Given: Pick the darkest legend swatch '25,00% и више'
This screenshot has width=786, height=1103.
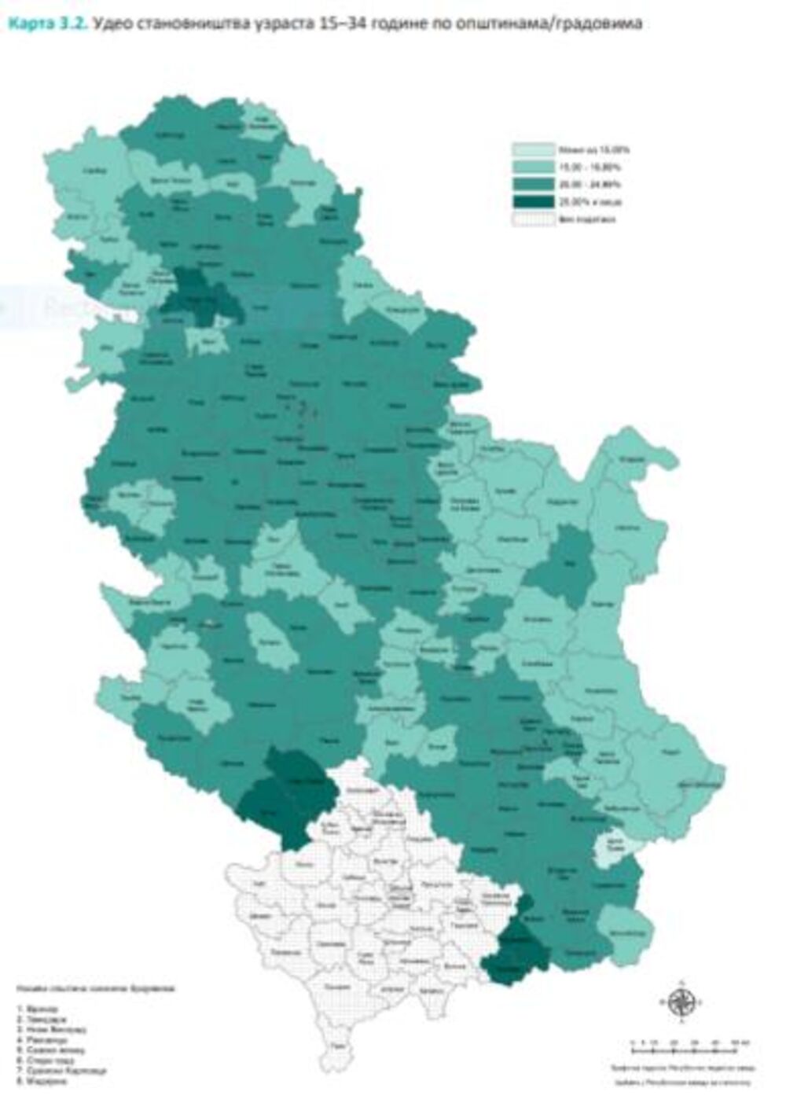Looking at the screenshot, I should pyautogui.click(x=534, y=202).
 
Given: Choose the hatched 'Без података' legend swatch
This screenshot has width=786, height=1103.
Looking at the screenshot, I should pyautogui.click(x=534, y=219).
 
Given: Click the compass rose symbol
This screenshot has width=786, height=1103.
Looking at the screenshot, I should pyautogui.click(x=681, y=1002).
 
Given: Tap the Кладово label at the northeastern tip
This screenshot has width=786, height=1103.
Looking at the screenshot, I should pyautogui.click(x=629, y=459).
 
